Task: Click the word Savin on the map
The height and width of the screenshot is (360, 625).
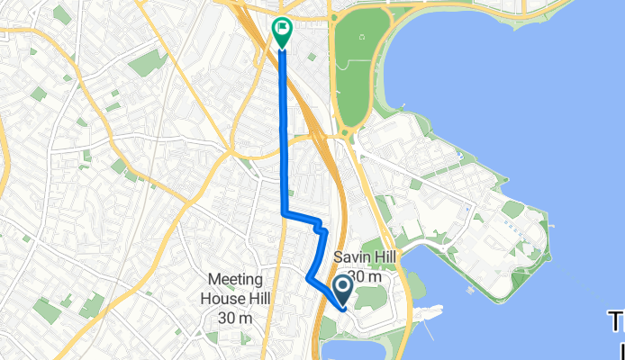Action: click(351, 258)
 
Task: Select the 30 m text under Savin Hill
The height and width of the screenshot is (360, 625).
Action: click(367, 276)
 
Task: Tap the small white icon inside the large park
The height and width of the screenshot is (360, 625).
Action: click(363, 37)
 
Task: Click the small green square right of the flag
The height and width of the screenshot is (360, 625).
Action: click(312, 57)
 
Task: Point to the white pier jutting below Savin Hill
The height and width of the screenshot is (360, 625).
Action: click(427, 313)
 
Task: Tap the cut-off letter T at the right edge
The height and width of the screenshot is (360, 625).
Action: click(618, 320)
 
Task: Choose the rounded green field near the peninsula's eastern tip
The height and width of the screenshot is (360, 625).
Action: click(513, 209)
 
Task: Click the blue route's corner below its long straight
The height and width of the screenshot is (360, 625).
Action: click(285, 213)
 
